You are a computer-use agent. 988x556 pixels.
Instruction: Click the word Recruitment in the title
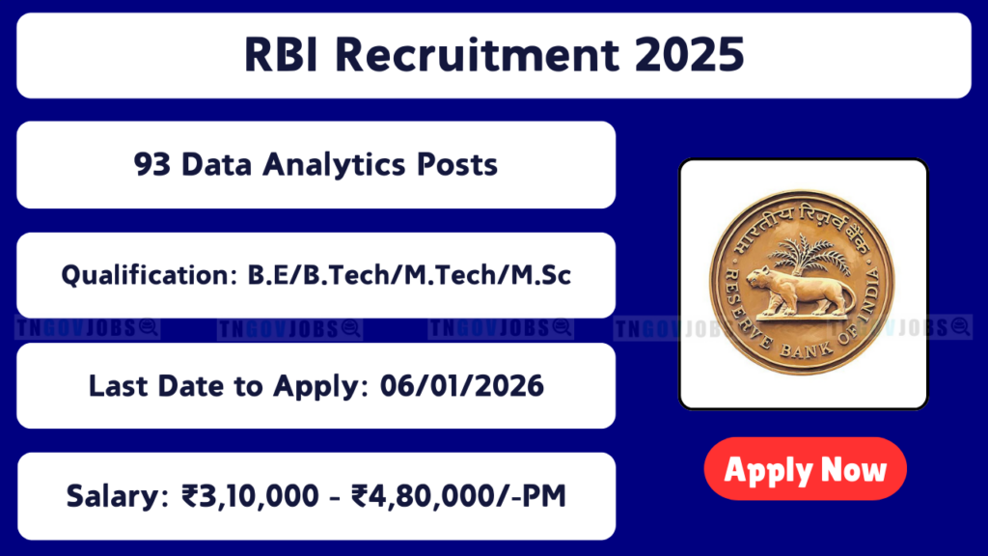[x=477, y=54]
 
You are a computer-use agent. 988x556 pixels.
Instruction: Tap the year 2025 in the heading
[x=689, y=54]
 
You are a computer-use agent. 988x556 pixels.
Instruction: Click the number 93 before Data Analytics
[x=151, y=164]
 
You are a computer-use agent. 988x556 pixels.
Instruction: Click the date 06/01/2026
[x=462, y=386]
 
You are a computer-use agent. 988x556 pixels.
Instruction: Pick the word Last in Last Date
[x=118, y=386]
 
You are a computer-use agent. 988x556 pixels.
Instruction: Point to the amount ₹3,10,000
[x=250, y=496]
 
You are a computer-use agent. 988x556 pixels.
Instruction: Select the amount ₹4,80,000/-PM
[x=458, y=496]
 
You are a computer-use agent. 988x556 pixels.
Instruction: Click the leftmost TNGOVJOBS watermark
[x=87, y=328]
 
